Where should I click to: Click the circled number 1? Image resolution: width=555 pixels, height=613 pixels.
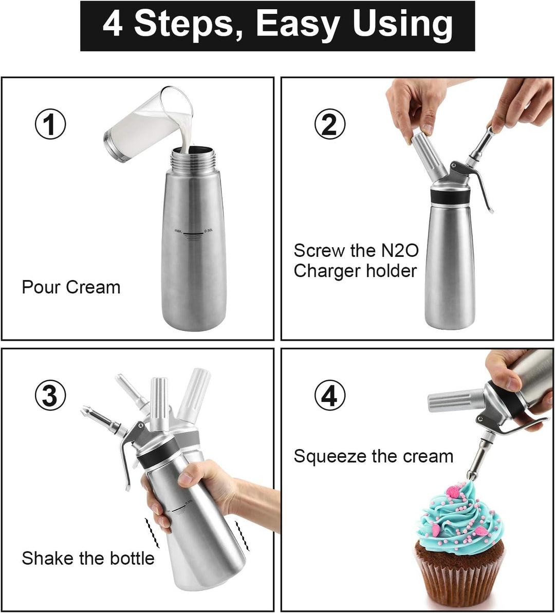[50, 124]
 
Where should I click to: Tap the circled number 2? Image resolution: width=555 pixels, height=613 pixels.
[330, 124]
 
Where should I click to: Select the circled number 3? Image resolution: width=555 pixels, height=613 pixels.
[50, 395]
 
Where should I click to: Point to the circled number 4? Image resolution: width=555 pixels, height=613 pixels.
[330, 395]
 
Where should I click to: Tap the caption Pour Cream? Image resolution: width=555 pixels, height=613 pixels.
[71, 287]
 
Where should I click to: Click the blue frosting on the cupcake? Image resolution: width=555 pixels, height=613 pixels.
[459, 516]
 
